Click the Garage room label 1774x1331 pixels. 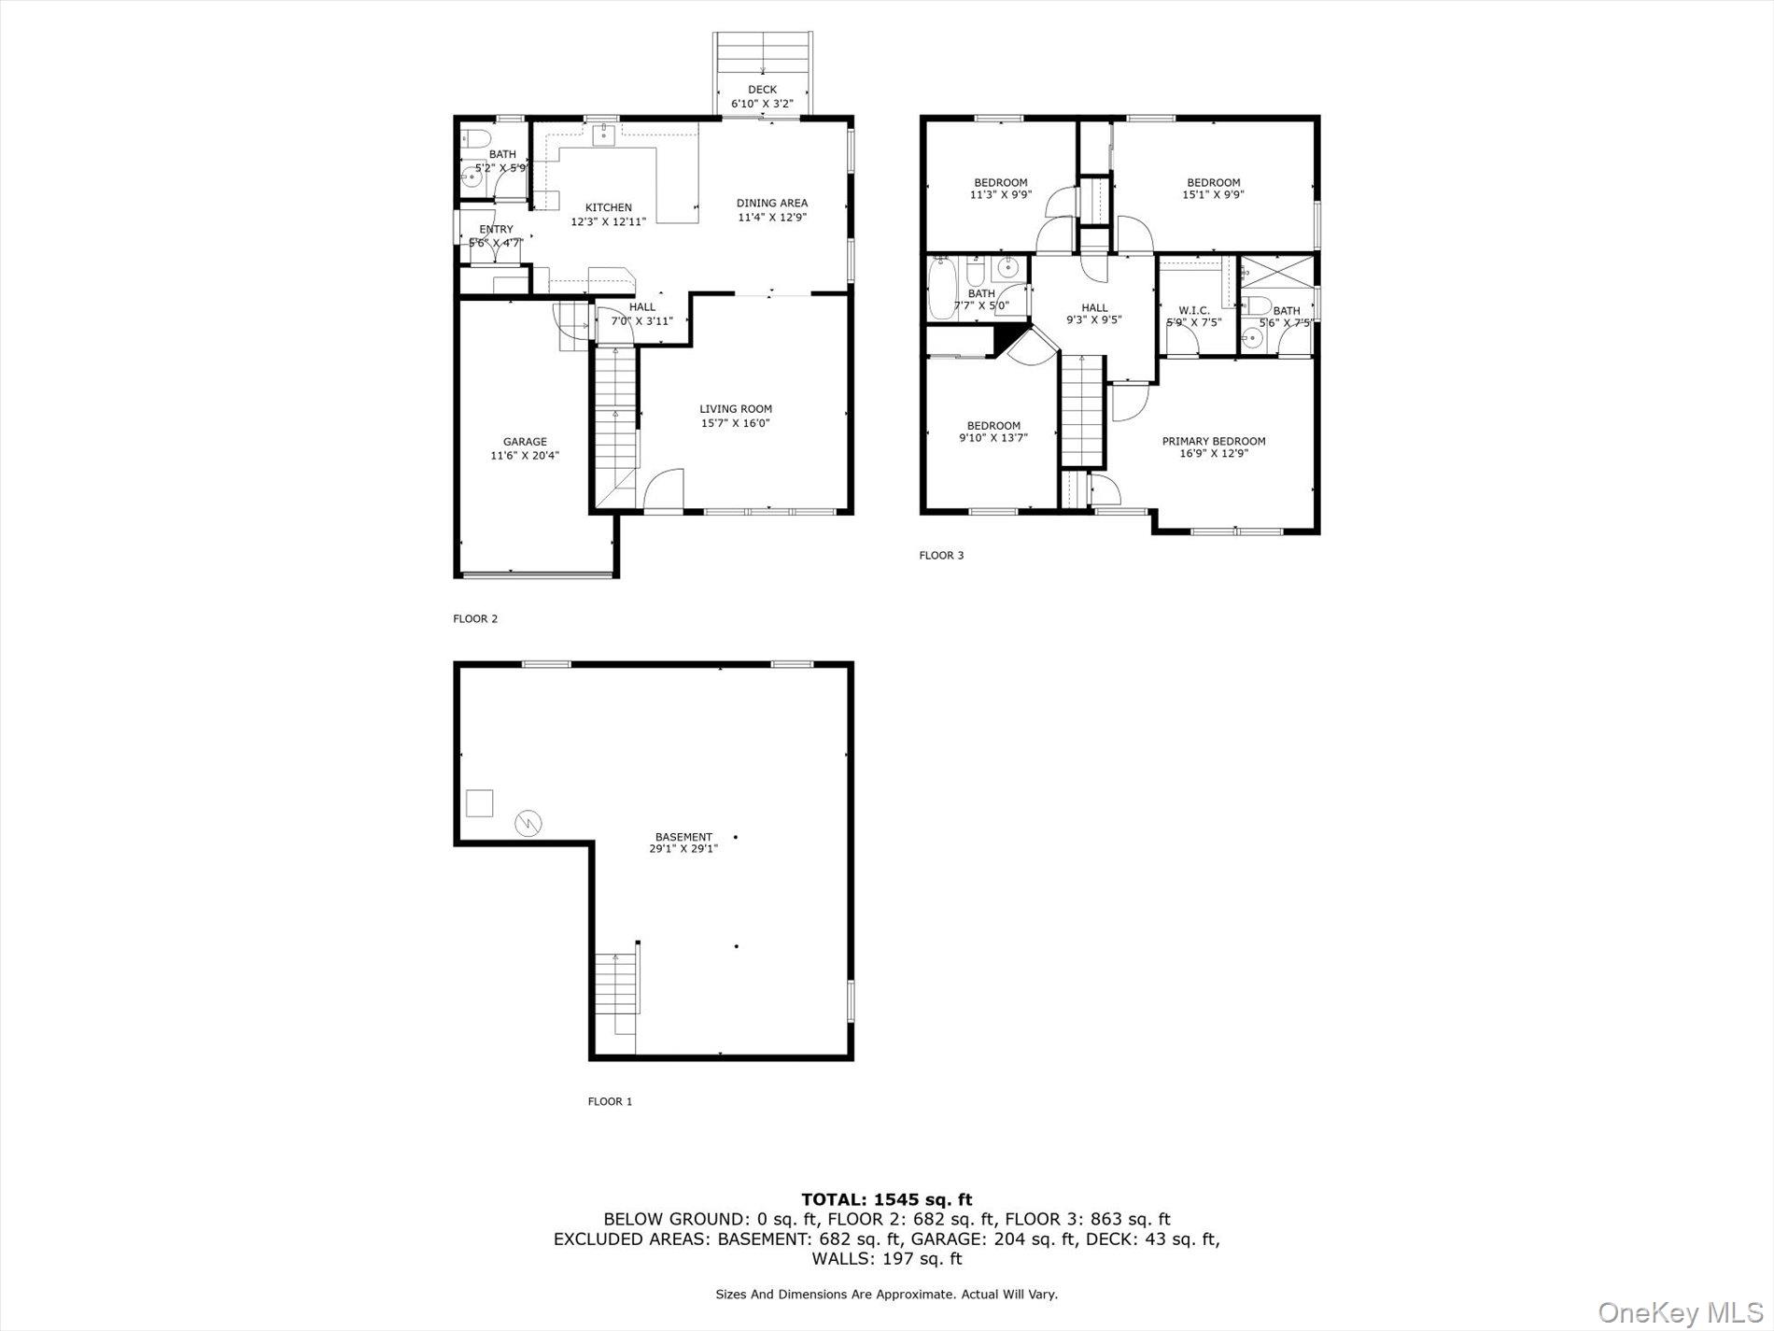[x=525, y=442]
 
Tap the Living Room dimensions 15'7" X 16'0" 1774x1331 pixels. [x=736, y=423]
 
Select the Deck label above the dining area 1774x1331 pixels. [x=762, y=90]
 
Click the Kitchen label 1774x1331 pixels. [x=608, y=207]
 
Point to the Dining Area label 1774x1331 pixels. [x=771, y=203]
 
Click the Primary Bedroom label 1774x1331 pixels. [x=1213, y=441]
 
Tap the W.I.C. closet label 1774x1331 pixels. [x=1193, y=310]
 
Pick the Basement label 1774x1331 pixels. [x=683, y=837]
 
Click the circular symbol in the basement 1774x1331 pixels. [x=528, y=823]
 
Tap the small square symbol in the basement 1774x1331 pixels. [x=479, y=803]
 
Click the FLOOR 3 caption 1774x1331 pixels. [x=941, y=556]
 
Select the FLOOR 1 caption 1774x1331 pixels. [x=610, y=1101]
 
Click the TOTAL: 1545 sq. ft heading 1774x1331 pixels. [x=886, y=1199]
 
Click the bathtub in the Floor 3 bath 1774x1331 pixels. [x=942, y=290]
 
